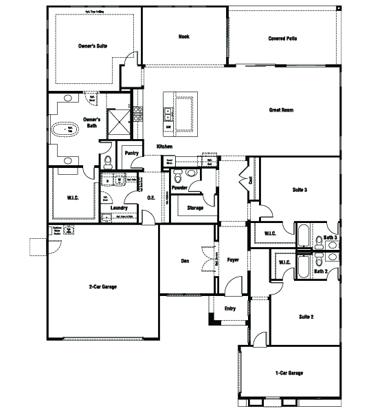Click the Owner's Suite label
pos(93,46)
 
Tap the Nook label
pos(183,36)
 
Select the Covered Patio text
pos(282,39)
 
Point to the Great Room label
pos(282,109)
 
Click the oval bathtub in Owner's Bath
pos(69,129)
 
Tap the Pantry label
pos(132,153)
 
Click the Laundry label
pos(120,207)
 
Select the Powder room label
pos(179,187)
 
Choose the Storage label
pos(195,207)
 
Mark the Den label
pos(185,261)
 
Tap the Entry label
pos(230,308)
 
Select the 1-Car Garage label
pos(289,372)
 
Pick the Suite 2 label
pos(306,317)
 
